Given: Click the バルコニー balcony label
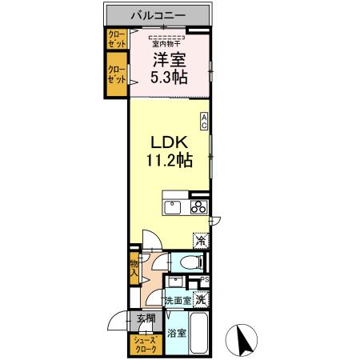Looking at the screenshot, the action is coord(158,15).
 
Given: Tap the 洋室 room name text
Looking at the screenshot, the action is coord(169,60).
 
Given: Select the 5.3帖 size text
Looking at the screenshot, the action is coord(169,78).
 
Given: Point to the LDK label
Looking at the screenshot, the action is coord(170,142).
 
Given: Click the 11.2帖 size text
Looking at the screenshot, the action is coord(170,160).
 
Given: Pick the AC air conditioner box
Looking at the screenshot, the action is coord(204,121).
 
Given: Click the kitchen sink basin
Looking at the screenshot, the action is coord(172,207).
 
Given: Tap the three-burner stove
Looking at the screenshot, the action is coord(199,207).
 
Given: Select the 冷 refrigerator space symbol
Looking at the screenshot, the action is coord(201,241).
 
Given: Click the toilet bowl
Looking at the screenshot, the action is coord(191,262).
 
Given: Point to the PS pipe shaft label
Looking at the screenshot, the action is coord(205,279).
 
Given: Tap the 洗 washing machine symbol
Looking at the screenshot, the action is coord(201,300).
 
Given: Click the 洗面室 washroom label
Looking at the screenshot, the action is coord(178,301).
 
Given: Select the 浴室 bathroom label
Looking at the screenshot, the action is coord(177,333).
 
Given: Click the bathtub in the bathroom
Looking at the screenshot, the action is coord(199,334).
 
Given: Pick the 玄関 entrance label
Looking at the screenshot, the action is coord(146,318).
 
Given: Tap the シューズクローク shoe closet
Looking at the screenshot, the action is coord(146,346).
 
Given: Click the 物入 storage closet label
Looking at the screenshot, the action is coord(134,269).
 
